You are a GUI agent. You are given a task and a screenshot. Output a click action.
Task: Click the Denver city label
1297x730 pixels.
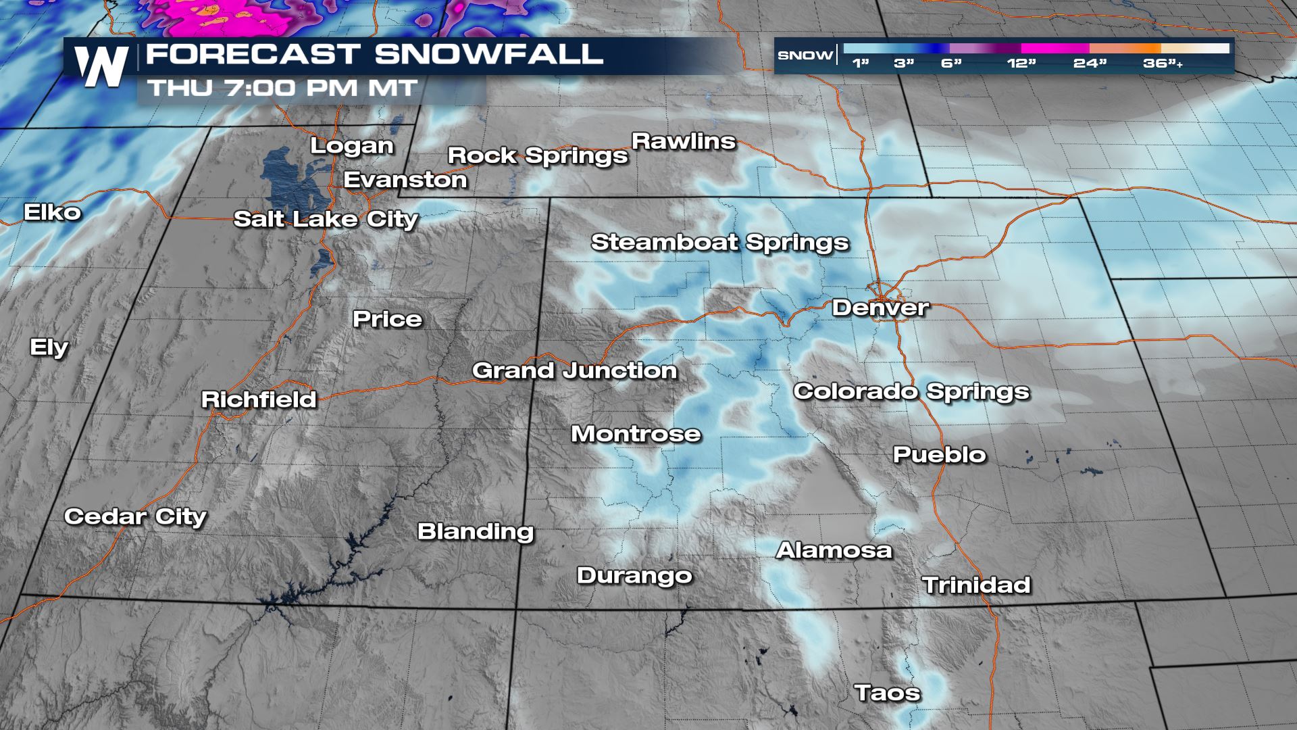(x=880, y=308)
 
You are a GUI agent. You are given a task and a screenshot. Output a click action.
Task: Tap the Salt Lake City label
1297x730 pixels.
(x=326, y=219)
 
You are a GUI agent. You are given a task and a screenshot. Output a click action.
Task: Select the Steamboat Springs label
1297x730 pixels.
(x=719, y=242)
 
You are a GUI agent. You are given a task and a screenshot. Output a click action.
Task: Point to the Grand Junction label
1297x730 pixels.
(x=574, y=370)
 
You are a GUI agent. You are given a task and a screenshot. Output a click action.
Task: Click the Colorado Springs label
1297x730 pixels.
(x=911, y=391)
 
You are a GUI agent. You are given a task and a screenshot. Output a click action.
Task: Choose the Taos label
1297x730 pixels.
(x=887, y=693)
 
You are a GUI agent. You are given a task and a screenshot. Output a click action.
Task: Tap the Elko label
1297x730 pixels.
(x=53, y=212)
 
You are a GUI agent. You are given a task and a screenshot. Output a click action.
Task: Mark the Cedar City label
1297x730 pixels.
(x=135, y=516)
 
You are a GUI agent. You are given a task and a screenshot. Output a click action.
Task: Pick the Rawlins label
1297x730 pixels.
(x=684, y=141)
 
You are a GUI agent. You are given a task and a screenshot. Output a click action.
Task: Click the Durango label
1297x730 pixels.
(x=634, y=576)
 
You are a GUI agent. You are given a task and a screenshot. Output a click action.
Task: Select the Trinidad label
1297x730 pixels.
(x=976, y=585)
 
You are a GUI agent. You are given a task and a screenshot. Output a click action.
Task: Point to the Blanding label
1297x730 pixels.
(x=476, y=531)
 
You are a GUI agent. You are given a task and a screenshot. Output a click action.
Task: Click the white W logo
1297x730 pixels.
(x=102, y=66)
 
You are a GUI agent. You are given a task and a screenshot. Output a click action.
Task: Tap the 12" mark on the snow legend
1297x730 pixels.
(x=1021, y=64)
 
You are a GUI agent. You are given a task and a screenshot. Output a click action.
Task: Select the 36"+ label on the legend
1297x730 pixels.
(x=1163, y=64)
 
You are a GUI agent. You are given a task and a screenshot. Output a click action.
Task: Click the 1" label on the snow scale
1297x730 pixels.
(x=860, y=64)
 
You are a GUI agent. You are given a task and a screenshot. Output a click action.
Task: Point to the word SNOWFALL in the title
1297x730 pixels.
(x=489, y=54)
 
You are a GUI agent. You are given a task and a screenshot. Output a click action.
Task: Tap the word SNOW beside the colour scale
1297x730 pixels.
(x=805, y=55)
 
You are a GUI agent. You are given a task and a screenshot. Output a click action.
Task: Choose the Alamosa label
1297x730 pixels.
(x=834, y=550)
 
